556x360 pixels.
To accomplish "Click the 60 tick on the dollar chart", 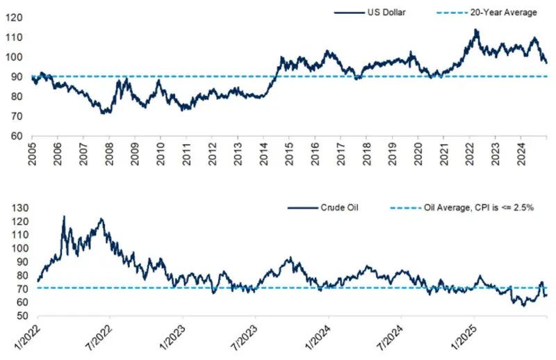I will (x=17, y=136).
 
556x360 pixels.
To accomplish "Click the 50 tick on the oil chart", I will (x=17, y=316).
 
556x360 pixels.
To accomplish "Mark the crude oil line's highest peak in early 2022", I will (x=64, y=216).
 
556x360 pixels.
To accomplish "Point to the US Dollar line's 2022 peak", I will (x=475, y=30).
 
